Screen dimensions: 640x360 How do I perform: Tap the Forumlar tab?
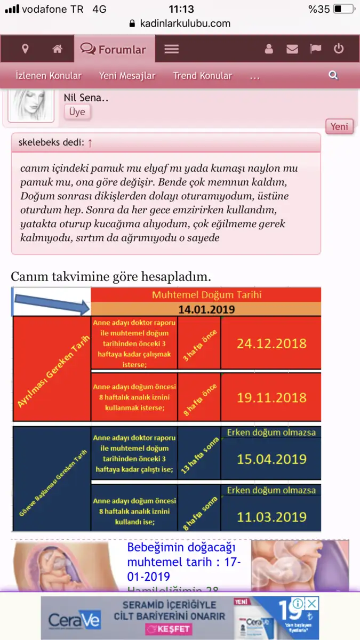pos(114,50)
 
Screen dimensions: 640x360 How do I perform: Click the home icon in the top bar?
pos(58,49)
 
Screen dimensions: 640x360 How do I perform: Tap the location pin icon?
pos(25,49)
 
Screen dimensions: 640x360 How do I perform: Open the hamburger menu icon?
pos(171,49)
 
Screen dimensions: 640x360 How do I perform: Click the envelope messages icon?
pos(292,49)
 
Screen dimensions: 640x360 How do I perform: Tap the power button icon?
pos(339,49)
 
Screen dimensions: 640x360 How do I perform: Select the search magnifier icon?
pos(333,75)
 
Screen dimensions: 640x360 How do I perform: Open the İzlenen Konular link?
pos(49,76)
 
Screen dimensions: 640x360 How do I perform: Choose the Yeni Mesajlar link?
pos(127,76)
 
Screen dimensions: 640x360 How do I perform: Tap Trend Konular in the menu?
pos(203,76)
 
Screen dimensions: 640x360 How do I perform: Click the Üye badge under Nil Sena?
pos(77,111)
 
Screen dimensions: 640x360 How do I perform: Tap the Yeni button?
pos(339,126)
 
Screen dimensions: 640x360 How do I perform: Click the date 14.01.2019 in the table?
pos(206,309)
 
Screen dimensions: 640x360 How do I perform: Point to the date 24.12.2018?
pos(271,342)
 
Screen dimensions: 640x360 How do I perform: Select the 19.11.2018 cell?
pos(271,397)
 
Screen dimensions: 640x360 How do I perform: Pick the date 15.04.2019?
pos(271,459)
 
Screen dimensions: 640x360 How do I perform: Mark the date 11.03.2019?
pos(271,516)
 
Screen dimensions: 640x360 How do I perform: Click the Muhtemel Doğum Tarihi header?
pos(206,295)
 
